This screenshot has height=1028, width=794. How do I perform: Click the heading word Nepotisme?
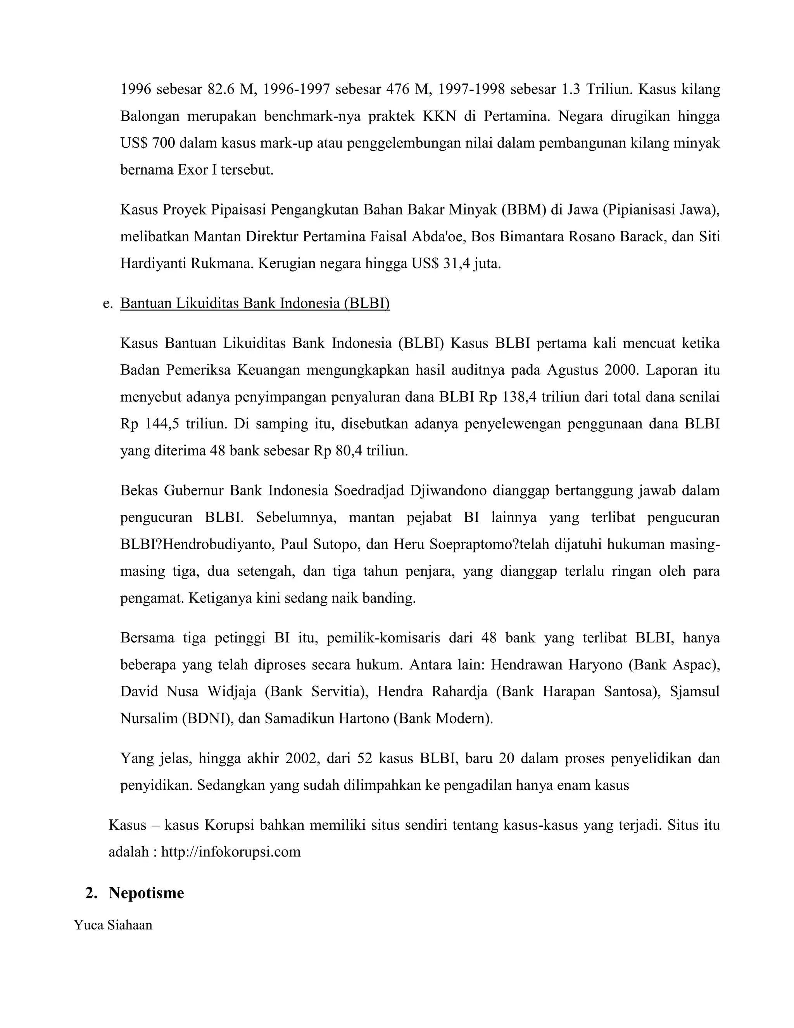pyautogui.click(x=146, y=893)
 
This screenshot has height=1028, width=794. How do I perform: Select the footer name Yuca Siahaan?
pyautogui.click(x=113, y=925)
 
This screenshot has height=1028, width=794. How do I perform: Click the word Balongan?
pyautogui.click(x=150, y=116)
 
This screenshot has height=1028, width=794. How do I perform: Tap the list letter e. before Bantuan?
pyautogui.click(x=107, y=303)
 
